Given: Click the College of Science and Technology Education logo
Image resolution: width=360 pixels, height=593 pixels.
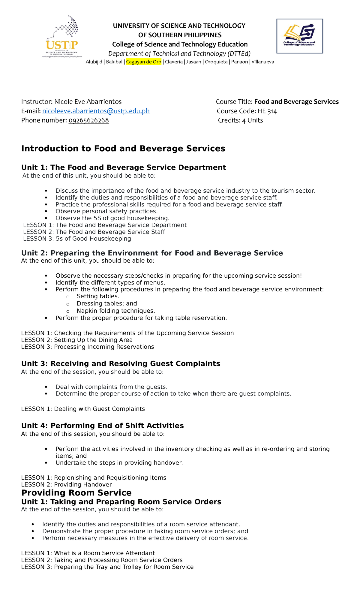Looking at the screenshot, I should click(299, 36).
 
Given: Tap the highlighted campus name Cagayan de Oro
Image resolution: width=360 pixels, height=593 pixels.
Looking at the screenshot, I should click(143, 62).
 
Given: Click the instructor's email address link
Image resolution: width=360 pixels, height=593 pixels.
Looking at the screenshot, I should click(96, 111).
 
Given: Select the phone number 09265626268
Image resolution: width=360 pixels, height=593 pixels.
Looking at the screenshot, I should click(88, 120).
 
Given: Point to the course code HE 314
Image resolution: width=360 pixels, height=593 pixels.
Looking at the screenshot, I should click(267, 111).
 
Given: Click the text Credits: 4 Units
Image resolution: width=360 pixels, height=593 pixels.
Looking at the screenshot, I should click(240, 120).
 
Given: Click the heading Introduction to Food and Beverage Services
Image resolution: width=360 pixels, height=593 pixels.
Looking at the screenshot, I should click(123, 149).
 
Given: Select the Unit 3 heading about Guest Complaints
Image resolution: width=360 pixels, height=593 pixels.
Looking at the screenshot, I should click(121, 363).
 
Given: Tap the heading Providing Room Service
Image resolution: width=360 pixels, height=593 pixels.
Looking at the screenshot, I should click(76, 492).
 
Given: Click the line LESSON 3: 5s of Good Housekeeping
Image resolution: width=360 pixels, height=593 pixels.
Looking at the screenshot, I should click(77, 239).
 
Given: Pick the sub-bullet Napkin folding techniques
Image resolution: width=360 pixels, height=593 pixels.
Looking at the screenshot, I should click(116, 311).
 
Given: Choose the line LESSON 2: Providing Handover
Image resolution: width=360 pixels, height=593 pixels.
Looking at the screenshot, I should click(66, 484).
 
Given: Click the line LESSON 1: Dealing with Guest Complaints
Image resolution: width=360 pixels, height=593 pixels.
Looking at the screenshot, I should click(83, 409).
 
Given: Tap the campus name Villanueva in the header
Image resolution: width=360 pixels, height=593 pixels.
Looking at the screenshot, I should click(262, 62).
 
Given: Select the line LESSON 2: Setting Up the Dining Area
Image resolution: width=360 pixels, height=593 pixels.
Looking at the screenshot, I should click(77, 340).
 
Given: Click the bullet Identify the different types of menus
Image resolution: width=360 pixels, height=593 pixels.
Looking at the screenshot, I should click(110, 282).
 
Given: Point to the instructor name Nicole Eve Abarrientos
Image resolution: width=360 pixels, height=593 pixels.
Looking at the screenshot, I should click(88, 102).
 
